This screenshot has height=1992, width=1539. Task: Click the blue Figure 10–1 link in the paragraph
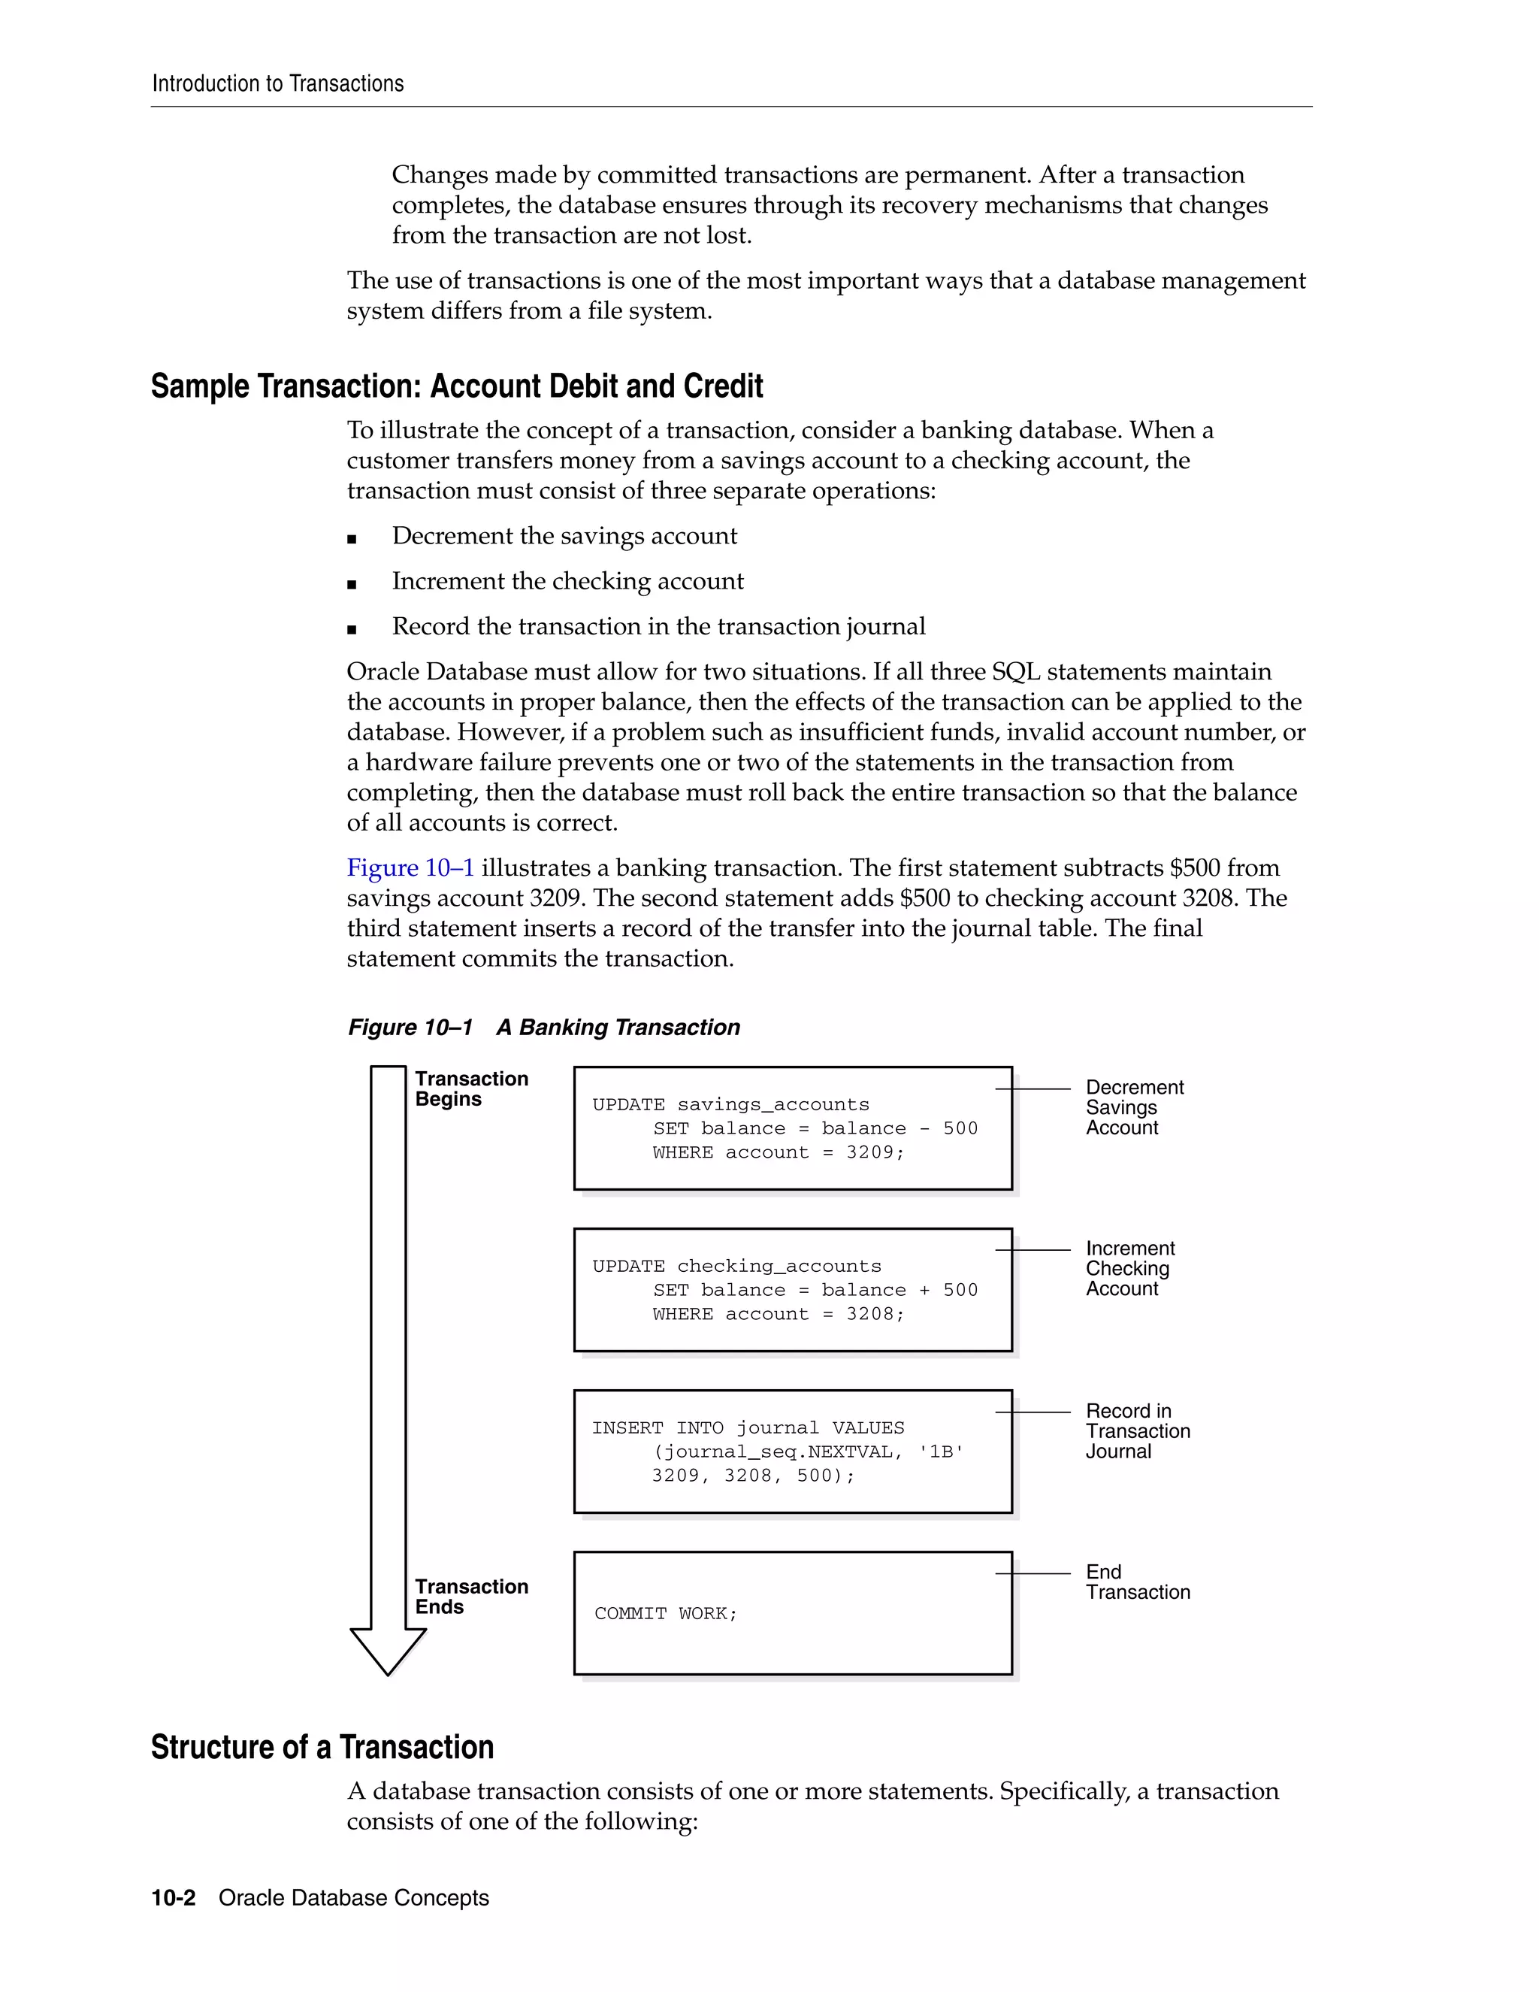(x=410, y=867)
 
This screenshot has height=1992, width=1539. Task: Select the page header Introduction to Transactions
(x=277, y=84)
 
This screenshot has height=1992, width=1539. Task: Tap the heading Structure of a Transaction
(x=322, y=1747)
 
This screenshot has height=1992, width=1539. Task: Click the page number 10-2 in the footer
(x=174, y=1898)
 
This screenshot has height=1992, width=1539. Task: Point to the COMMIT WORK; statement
(x=666, y=1613)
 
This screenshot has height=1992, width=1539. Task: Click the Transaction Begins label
(x=470, y=1089)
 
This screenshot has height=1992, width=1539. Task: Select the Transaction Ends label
(x=470, y=1597)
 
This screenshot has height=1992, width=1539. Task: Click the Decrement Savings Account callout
(x=1133, y=1107)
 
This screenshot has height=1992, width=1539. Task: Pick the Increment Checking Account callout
(x=1129, y=1269)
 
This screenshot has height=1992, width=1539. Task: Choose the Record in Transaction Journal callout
(x=1137, y=1431)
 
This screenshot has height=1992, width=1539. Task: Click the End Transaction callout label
(x=1137, y=1582)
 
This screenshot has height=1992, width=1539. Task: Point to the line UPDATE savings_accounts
(x=730, y=1104)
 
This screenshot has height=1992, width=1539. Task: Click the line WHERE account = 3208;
(x=778, y=1314)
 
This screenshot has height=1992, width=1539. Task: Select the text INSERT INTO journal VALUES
(x=748, y=1428)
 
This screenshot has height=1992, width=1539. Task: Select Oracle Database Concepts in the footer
(x=354, y=1898)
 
